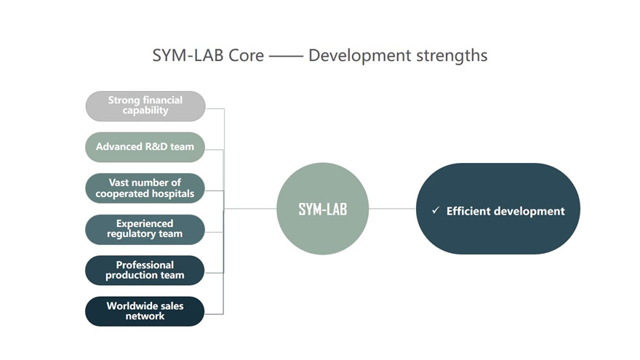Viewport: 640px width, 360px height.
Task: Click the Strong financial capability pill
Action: (x=145, y=106)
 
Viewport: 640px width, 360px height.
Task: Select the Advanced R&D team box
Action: (x=145, y=147)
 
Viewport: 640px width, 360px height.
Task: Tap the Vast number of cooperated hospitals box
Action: (x=145, y=188)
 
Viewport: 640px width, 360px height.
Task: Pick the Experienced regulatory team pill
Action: (x=145, y=229)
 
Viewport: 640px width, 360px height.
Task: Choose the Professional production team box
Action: (x=145, y=271)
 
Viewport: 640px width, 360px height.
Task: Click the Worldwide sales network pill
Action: (x=145, y=311)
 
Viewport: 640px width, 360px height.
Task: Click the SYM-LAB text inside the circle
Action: (x=322, y=209)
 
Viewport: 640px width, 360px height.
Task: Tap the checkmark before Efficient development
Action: (x=436, y=210)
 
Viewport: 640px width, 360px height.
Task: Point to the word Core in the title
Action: (x=246, y=55)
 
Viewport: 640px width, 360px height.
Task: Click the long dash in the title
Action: (x=286, y=56)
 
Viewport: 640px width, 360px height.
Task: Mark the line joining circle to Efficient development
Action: (x=392, y=209)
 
